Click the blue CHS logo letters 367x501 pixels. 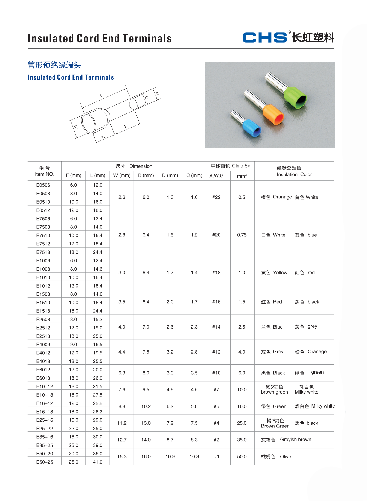[x=265, y=37]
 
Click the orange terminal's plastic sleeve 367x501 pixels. [x=273, y=114]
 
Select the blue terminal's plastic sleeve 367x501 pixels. [x=251, y=128]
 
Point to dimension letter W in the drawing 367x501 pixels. [x=76, y=127]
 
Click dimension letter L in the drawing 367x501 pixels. [x=101, y=96]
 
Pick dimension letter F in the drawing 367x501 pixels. [x=125, y=127]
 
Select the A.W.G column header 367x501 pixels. [x=216, y=176]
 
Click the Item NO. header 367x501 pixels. [x=45, y=174]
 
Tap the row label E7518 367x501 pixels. [x=43, y=252]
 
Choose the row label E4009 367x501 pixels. [x=43, y=344]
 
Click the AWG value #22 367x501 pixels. [x=216, y=197]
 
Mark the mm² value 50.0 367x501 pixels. [x=242, y=456]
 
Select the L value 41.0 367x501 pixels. [x=98, y=462]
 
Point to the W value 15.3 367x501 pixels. [x=122, y=456]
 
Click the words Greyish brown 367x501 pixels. [x=296, y=440]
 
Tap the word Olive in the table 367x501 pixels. [x=286, y=456]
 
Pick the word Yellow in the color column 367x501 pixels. [x=280, y=273]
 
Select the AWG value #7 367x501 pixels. [x=216, y=389]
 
